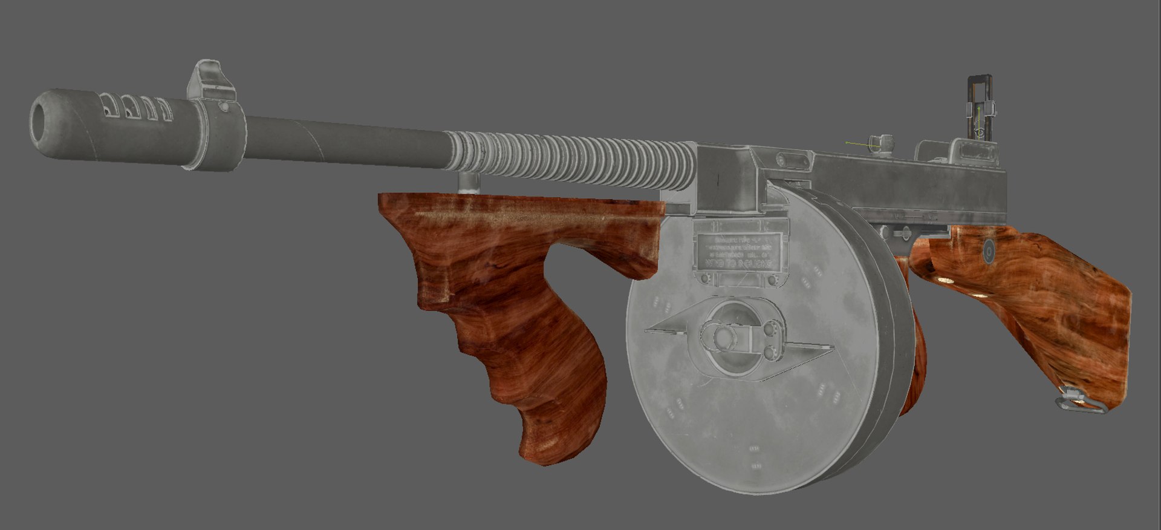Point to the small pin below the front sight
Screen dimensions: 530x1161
click(x=225, y=106)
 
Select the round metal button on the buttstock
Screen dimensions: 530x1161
click(x=989, y=250)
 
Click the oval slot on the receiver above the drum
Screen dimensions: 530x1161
click(x=786, y=161)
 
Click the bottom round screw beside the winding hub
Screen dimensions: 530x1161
click(x=769, y=352)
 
